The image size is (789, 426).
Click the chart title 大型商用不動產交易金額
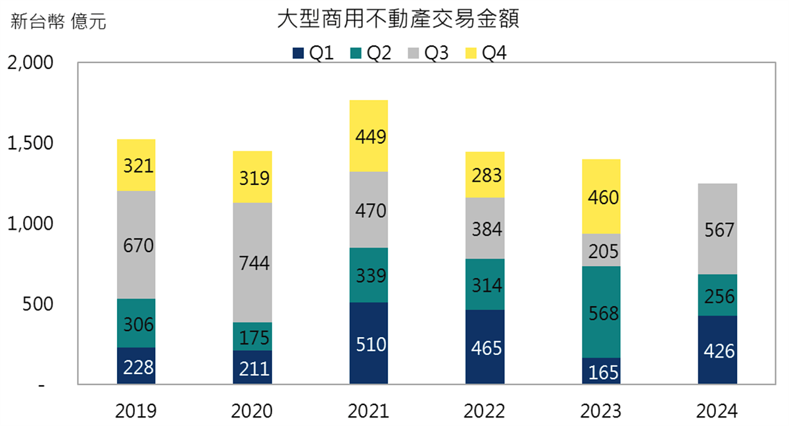click(398, 20)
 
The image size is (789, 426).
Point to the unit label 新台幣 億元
click(58, 22)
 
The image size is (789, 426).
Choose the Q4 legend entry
click(486, 53)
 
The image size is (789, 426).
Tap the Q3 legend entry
click(429, 53)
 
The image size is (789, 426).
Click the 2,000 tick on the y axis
click(30, 63)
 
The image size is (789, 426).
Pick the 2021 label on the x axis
click(369, 412)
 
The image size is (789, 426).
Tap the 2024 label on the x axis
click(717, 412)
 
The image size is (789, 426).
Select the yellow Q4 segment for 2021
click(369, 136)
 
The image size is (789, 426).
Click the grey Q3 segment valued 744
click(252, 262)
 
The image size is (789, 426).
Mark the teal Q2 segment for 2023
click(601, 311)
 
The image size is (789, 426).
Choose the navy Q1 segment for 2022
click(485, 347)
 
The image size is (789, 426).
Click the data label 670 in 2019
click(137, 246)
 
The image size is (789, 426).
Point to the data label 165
click(601, 373)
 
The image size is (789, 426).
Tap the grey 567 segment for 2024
click(717, 228)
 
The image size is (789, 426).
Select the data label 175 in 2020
click(252, 337)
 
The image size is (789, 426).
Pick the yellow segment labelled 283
click(485, 175)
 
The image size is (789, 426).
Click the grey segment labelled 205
click(601, 250)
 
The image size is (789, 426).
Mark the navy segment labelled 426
click(717, 350)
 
